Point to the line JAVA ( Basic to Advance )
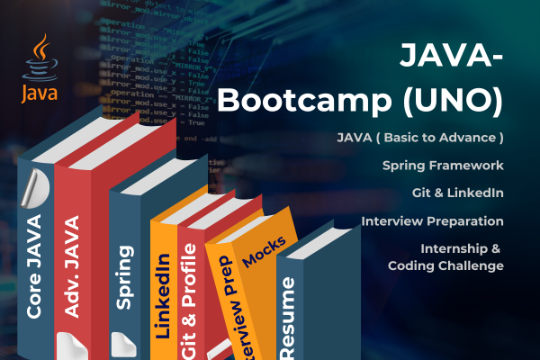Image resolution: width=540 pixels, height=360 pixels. [x=419, y=139]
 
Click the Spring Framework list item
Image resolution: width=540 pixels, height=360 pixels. [x=442, y=166]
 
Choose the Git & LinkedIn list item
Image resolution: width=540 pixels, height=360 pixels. [x=455, y=193]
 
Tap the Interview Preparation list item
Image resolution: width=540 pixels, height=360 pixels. [x=432, y=220]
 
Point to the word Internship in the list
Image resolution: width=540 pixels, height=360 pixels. [x=456, y=247]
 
